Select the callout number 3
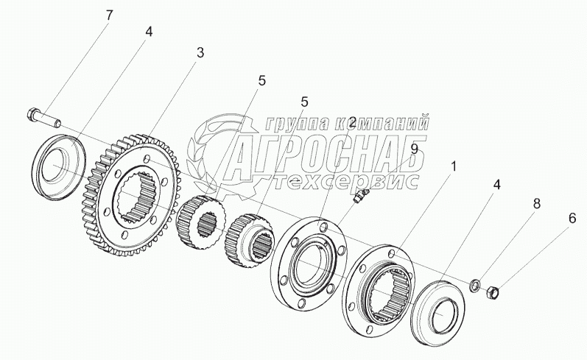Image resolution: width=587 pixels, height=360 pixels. [200, 52]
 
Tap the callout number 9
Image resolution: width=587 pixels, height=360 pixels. [414, 149]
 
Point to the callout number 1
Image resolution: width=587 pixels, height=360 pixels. [454, 166]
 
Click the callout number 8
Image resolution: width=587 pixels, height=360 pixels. [536, 203]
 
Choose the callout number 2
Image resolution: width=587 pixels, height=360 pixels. [353, 122]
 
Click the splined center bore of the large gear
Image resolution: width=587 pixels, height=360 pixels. [139, 194]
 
